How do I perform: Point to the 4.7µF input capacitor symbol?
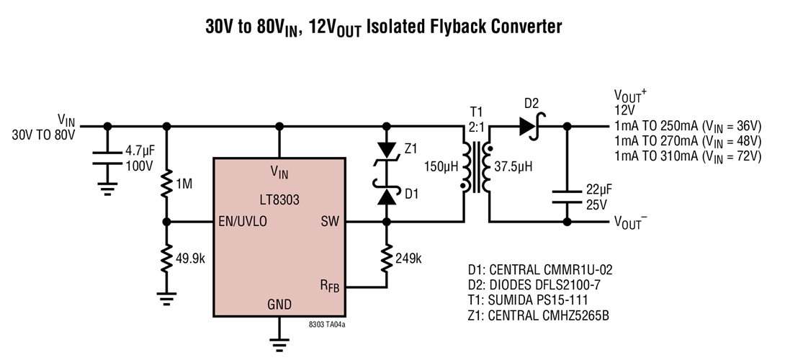click(x=108, y=162)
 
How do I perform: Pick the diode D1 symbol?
click(x=387, y=195)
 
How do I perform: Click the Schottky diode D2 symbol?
click(x=531, y=127)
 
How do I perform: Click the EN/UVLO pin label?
click(x=243, y=222)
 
